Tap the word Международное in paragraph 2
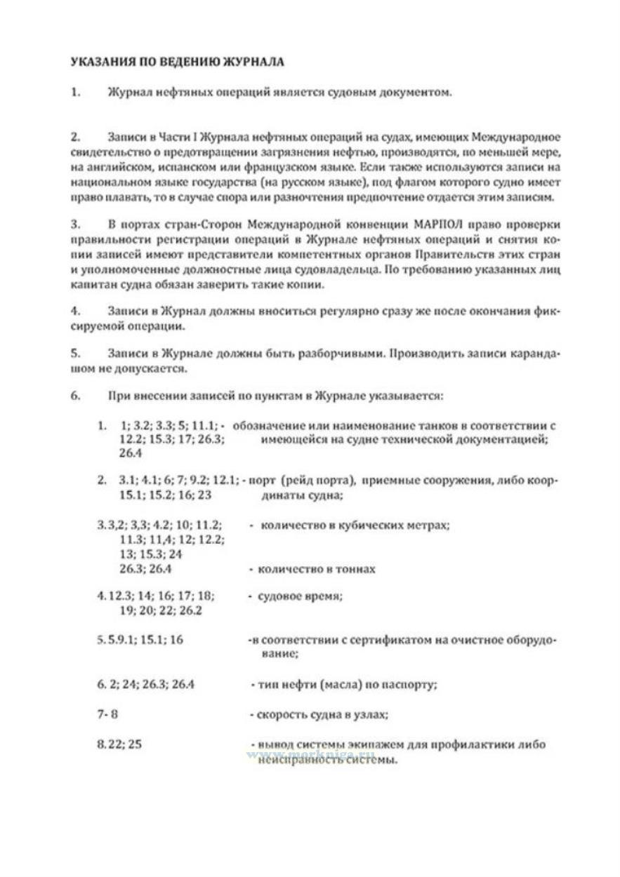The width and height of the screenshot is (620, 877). click(511, 135)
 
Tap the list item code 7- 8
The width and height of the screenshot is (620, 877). click(107, 714)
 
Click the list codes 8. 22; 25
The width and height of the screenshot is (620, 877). click(119, 744)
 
